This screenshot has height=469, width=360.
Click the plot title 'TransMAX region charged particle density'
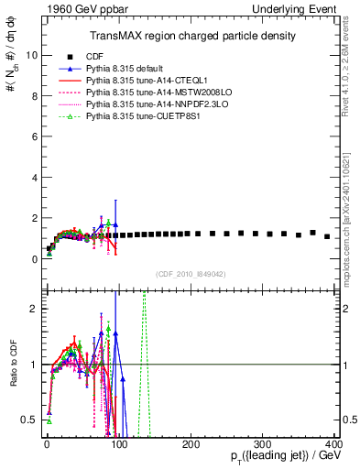point(191,36)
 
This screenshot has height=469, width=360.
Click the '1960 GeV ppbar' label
point(65,7)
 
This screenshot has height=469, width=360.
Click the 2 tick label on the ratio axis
point(31,309)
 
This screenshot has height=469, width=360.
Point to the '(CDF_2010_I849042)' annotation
point(191,273)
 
